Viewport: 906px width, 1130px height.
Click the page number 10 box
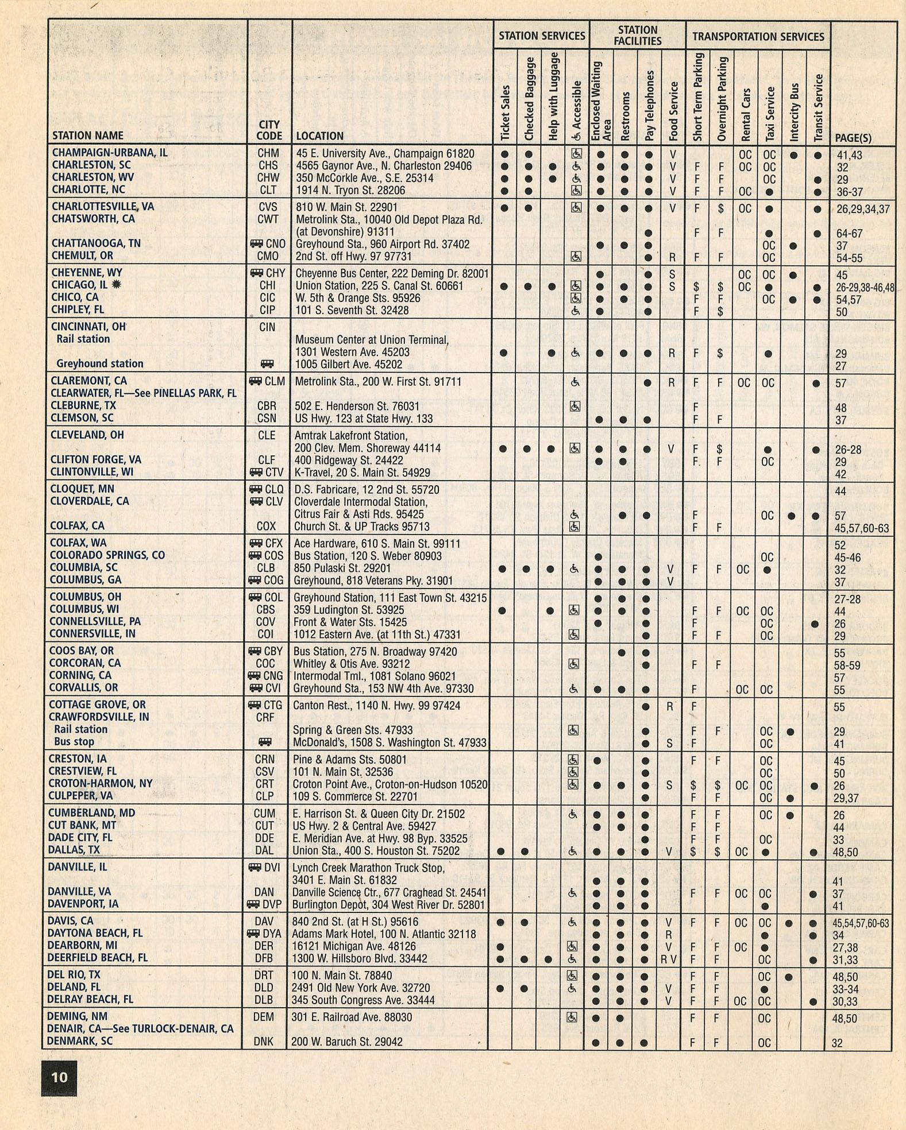point(59,1077)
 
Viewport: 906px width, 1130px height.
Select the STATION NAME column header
point(87,136)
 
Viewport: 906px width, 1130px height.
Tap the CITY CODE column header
point(269,130)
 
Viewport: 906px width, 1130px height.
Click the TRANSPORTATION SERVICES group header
point(758,36)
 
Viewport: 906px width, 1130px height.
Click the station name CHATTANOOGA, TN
point(96,243)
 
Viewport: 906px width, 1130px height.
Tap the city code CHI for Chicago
point(268,285)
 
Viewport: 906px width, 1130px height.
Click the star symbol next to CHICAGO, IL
point(117,285)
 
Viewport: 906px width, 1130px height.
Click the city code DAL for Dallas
point(264,851)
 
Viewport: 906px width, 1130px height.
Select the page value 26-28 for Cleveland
point(848,450)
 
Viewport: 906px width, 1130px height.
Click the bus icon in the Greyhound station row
point(266,364)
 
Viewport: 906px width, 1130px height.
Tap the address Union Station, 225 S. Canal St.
point(379,286)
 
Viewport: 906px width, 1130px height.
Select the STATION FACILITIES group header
point(638,35)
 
